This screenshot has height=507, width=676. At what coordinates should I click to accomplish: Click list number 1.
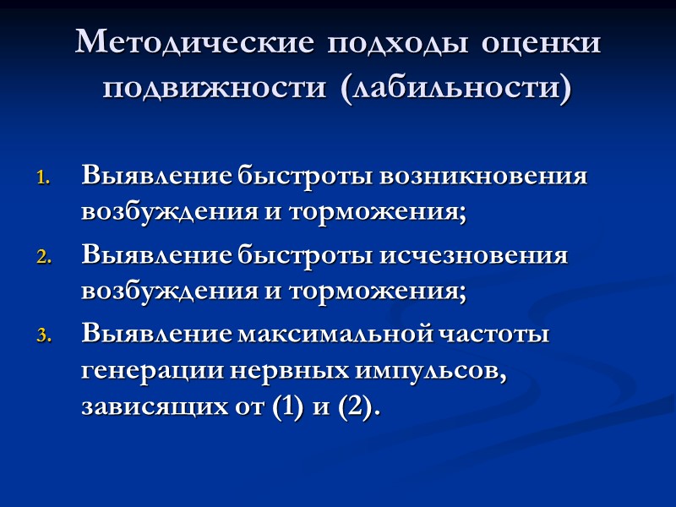[44, 180]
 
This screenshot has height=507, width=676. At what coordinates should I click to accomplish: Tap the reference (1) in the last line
[283, 408]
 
